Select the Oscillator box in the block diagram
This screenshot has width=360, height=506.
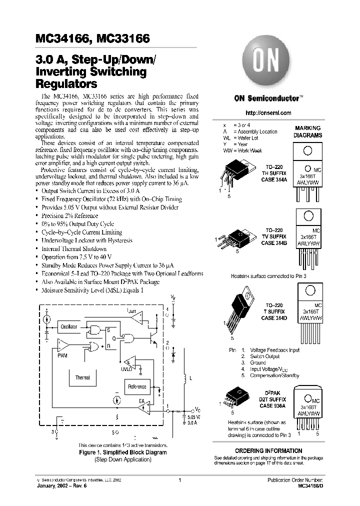(x=69, y=326)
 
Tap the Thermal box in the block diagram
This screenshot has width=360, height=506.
(x=82, y=378)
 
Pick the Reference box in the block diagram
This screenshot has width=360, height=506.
(x=137, y=386)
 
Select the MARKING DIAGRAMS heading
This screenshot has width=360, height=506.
(x=307, y=131)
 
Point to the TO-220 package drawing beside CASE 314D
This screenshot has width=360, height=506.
(x=241, y=310)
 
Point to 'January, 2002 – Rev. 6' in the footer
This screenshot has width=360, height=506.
(x=63, y=485)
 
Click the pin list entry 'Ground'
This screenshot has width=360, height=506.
(x=258, y=362)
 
